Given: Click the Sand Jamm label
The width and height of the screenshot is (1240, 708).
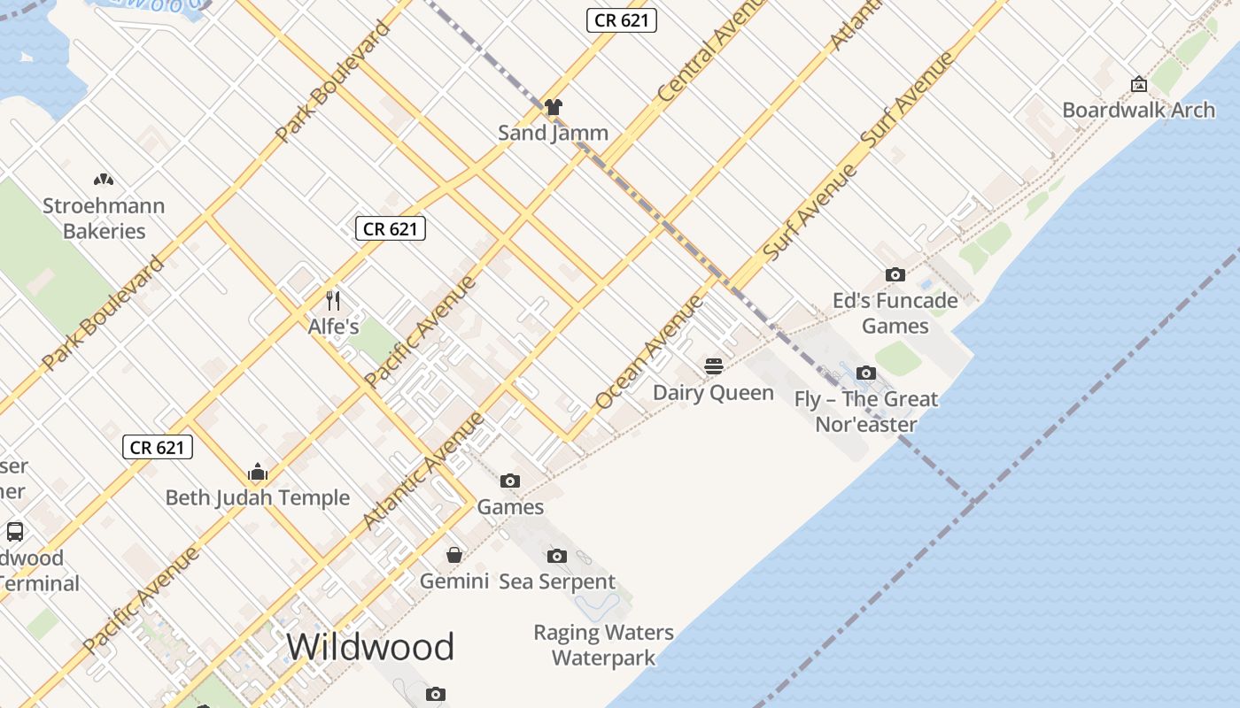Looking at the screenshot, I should tap(553, 133).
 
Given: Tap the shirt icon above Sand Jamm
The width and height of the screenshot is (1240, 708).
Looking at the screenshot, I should tap(554, 107).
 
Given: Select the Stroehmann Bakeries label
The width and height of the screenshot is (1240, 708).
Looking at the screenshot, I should tap(104, 219).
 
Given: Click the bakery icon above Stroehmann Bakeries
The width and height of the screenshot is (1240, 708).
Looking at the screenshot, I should tap(104, 180).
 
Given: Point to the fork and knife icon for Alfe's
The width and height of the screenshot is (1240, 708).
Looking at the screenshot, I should tap(333, 300).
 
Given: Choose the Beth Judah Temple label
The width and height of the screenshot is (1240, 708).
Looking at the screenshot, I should tap(258, 497).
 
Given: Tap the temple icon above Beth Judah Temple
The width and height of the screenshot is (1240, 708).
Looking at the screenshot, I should tap(258, 471).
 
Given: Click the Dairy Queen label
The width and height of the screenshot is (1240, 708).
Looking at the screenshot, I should tap(713, 392).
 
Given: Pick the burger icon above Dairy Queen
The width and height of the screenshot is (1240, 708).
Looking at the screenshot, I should tap(714, 366).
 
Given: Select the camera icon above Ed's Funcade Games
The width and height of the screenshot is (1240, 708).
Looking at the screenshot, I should tap(895, 274).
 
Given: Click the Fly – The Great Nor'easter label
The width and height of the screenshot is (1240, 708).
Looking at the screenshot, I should tap(865, 412).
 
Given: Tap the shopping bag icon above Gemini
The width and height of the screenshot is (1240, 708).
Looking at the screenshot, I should tap(454, 555).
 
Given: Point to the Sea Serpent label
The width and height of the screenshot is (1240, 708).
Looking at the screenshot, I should tap(557, 581).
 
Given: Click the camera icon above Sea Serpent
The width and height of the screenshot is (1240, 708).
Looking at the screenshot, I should tap(557, 556).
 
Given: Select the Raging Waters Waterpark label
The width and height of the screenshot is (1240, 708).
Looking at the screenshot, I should tap(603, 645).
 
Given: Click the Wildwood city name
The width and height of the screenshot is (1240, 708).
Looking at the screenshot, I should tap(370, 647).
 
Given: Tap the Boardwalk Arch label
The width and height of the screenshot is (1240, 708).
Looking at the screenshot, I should tap(1138, 110).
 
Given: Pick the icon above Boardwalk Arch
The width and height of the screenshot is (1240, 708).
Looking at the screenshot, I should tap(1139, 84).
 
